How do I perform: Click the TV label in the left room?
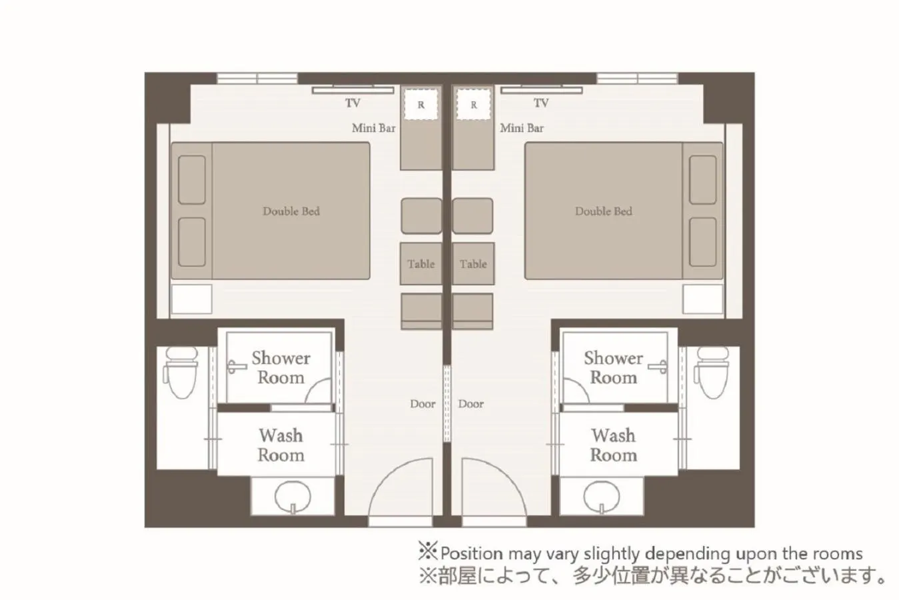pyautogui.click(x=353, y=103)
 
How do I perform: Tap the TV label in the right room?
pyautogui.click(x=540, y=103)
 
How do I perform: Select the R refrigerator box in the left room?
pyautogui.click(x=421, y=105)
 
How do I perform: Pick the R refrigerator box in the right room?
pyautogui.click(x=474, y=105)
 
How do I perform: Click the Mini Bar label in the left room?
pyautogui.click(x=373, y=128)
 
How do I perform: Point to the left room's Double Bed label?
pyautogui.click(x=291, y=211)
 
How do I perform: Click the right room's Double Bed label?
pyautogui.click(x=603, y=211)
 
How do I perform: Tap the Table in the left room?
pyautogui.click(x=421, y=264)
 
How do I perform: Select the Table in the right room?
pyautogui.click(x=473, y=264)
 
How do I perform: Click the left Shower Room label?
pyautogui.click(x=281, y=368)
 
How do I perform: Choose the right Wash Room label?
pyautogui.click(x=613, y=445)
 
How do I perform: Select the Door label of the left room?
pyautogui.click(x=423, y=404)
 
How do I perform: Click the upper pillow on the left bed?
pyautogui.click(x=192, y=180)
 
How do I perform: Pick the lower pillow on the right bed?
pyautogui.click(x=703, y=241)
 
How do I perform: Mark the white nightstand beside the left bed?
pyautogui.click(x=191, y=299)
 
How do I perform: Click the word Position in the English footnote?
pyautogui.click(x=471, y=553)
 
